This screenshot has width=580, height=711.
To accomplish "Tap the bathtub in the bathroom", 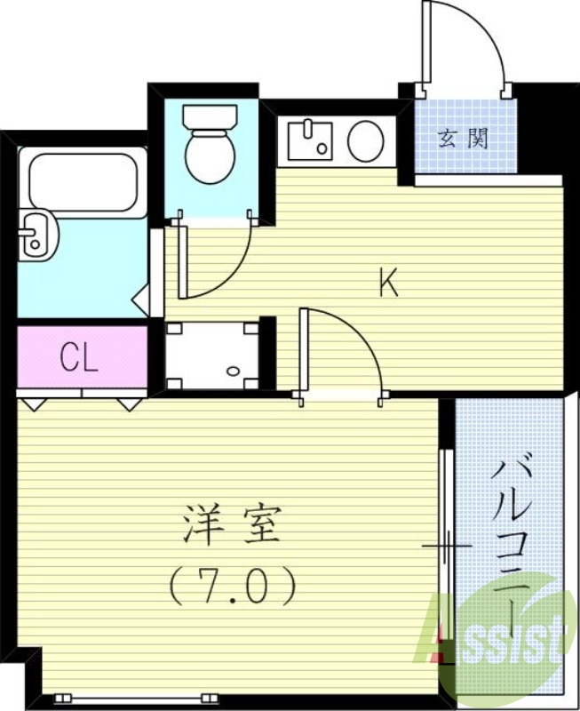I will [82, 181].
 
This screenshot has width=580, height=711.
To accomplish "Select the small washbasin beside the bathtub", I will [36, 235].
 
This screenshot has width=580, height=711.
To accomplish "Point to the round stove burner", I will [365, 141].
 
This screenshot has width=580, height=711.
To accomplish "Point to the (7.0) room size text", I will [232, 586].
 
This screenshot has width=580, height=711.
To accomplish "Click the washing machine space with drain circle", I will [211, 355].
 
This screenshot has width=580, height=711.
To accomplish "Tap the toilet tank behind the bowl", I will [210, 116].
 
